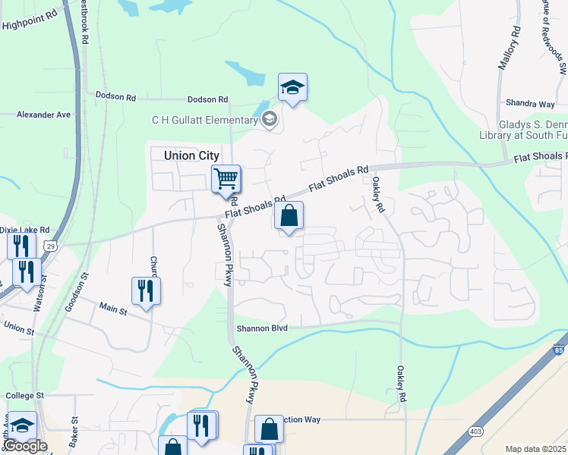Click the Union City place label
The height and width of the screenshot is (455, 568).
point(191,155)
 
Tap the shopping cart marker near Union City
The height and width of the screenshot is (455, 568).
point(226,180)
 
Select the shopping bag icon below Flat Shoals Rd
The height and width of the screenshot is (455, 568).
point(289,216)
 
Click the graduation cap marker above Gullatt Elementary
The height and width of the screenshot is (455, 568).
point(292,88)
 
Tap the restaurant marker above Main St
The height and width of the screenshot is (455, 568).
point(145,290)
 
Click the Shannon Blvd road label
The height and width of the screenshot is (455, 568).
point(262,328)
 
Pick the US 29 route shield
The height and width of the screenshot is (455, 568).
point(50,246)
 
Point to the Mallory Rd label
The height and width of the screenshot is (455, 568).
point(509,49)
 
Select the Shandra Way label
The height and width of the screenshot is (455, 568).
point(530,103)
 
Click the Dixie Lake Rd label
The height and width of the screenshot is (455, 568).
point(24,229)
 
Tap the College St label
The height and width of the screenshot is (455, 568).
point(26,396)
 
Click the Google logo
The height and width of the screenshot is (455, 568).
point(24,446)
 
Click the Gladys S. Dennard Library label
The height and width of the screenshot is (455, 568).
point(532,130)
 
